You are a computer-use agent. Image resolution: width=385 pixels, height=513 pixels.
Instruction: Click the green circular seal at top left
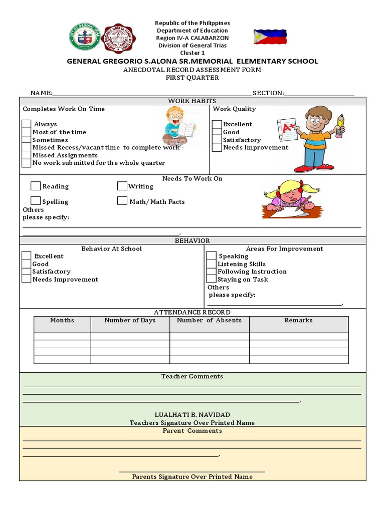point(83,37)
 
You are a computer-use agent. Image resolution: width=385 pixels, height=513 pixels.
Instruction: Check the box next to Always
point(27,124)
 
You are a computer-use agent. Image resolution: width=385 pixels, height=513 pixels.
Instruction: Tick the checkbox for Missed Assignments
point(27,155)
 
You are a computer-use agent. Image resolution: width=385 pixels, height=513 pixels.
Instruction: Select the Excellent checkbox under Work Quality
point(217,124)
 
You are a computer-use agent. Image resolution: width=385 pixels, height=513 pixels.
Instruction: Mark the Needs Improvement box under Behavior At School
point(27,280)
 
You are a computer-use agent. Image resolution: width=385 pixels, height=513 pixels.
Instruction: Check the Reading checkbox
point(36,186)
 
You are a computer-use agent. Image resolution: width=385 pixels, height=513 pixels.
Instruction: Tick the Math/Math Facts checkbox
point(122,201)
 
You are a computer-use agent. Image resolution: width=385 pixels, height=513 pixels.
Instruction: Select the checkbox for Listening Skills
point(212,264)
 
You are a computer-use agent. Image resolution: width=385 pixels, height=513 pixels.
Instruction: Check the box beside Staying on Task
point(212,280)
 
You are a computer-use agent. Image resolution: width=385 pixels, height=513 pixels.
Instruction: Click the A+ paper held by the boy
point(287,130)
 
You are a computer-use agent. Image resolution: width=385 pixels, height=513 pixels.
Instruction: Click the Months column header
point(62,321)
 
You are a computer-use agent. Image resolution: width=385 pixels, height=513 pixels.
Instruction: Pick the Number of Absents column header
point(210,321)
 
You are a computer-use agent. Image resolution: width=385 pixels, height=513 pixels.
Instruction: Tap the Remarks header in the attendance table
point(298,321)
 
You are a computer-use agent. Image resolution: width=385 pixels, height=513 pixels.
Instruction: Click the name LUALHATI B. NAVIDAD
point(192,415)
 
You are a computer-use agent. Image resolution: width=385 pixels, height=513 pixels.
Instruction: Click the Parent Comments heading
point(192,431)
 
